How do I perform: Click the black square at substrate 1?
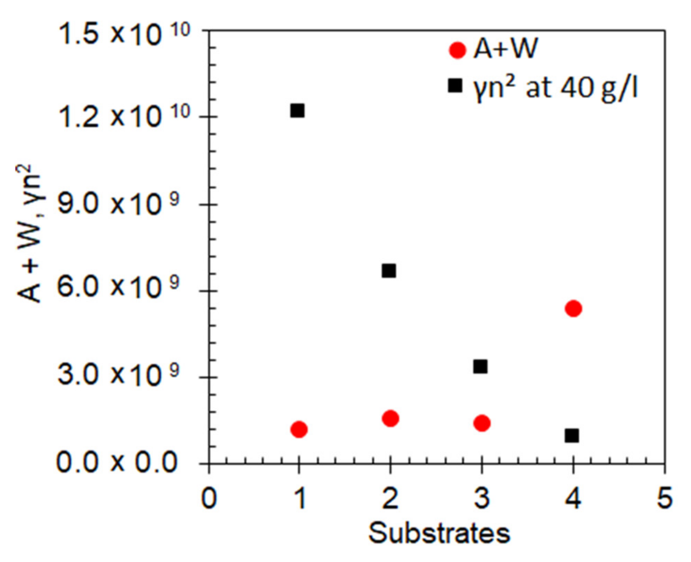[x=297, y=111]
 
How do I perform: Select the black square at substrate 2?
[x=389, y=271]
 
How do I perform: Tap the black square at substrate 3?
[x=481, y=367]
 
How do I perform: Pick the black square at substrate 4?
[x=572, y=436]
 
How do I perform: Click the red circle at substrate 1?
[x=299, y=429]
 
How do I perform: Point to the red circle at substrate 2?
[x=391, y=418]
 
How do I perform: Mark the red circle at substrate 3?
[x=482, y=423]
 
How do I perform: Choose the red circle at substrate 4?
[x=574, y=308]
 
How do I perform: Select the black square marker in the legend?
[x=455, y=85]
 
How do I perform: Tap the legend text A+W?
[x=505, y=49]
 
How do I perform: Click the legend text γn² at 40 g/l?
[x=555, y=88]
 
